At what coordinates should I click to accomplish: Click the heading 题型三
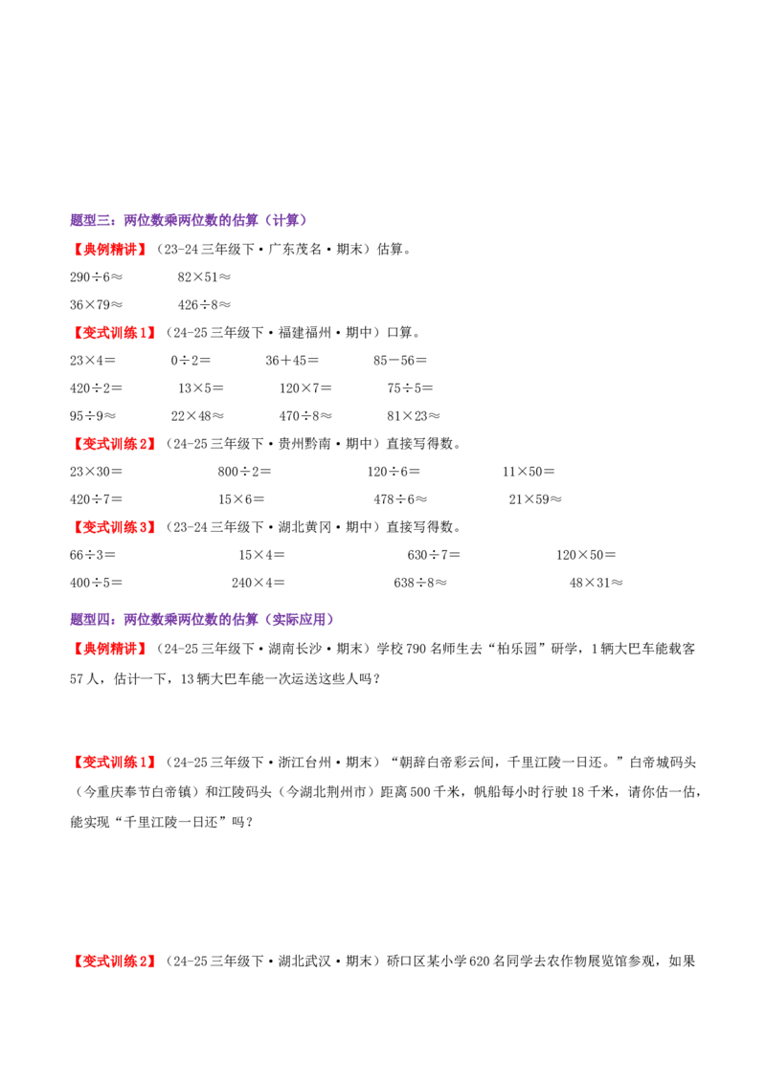point(189,220)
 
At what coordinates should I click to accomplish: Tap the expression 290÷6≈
point(96,276)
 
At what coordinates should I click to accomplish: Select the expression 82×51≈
point(204,276)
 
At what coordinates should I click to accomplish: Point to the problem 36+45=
point(292,361)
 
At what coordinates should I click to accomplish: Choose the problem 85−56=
point(400,361)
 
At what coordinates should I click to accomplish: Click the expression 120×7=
point(305,388)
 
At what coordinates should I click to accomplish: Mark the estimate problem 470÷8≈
point(305,416)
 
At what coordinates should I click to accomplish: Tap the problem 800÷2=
point(245,472)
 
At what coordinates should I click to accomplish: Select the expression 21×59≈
point(536,499)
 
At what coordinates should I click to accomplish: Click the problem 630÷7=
point(434,555)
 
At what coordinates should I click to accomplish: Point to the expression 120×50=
point(586,555)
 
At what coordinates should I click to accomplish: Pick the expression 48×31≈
point(597,583)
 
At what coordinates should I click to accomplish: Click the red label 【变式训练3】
point(113,527)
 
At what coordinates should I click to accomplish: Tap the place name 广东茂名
point(295,250)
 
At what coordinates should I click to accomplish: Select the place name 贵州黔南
point(305,444)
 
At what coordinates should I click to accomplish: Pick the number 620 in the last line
point(479,961)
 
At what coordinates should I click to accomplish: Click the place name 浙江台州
point(305,763)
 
